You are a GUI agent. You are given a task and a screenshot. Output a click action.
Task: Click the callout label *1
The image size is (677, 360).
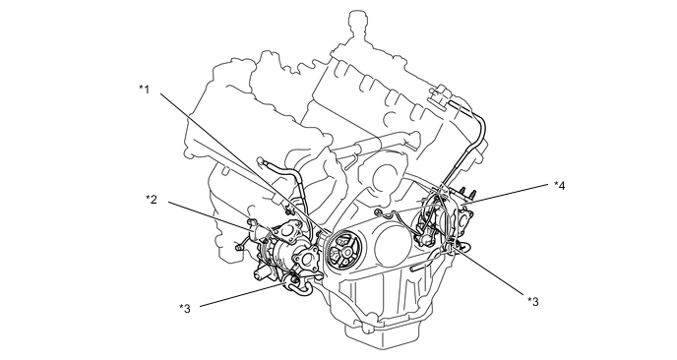pyautogui.click(x=144, y=89)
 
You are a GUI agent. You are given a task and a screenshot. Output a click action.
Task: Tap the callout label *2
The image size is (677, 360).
pyautogui.click(x=152, y=201)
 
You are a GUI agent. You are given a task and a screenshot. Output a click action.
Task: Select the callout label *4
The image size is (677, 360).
pyautogui.click(x=559, y=184)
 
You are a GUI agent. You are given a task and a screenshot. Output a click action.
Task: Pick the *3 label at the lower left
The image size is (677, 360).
pyautogui.click(x=184, y=309)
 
